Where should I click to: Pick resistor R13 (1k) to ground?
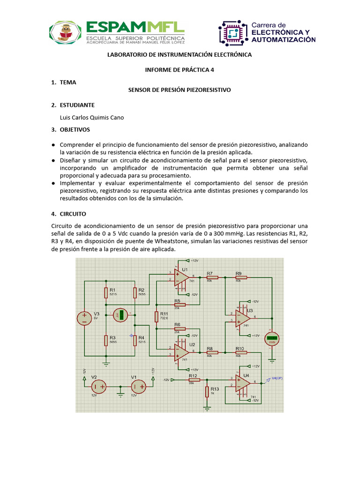pos(207,392)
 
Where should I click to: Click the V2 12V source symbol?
pos(99,387)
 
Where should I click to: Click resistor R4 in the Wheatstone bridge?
pos(135,339)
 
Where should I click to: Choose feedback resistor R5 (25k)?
pos(180,305)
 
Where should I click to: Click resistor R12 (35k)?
pos(193,380)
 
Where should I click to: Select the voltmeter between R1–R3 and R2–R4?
pos(120,315)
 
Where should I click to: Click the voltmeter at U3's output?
pos(272,338)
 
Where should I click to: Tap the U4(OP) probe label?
pos(277,379)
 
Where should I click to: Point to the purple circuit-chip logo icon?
pos(233,33)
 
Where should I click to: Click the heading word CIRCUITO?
pos(73,213)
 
